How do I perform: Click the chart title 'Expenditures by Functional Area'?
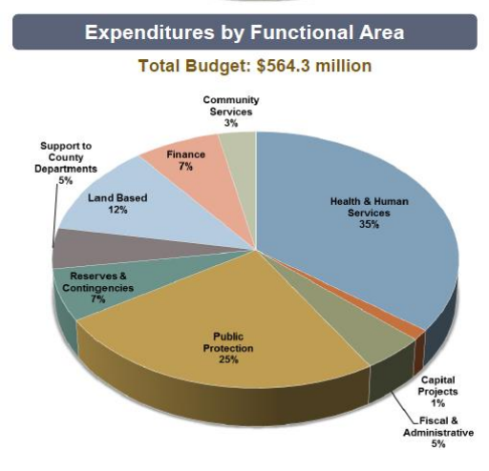coord(244,32)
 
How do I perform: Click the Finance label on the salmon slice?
coord(184,154)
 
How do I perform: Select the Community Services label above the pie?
coord(230,106)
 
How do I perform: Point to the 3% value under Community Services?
coord(229,124)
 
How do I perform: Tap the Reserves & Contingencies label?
coord(99,281)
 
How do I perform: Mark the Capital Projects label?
coord(440,385)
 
